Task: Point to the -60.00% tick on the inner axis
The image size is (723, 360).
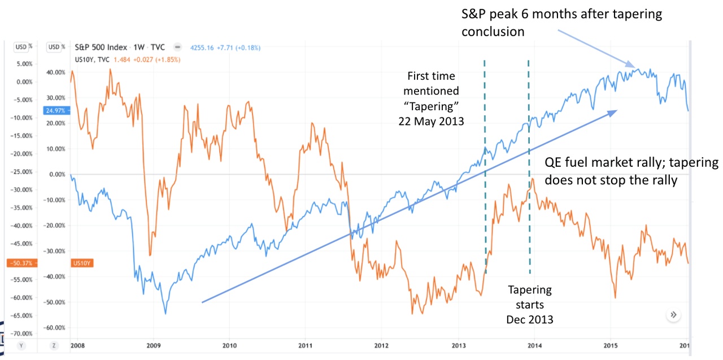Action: pos(55,328)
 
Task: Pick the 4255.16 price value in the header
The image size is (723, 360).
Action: pos(199,47)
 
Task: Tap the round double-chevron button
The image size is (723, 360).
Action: pos(673,315)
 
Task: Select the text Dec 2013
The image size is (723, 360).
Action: pos(529,319)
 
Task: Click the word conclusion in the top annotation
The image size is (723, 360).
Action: pos(493,32)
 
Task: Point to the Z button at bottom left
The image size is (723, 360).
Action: pos(53,345)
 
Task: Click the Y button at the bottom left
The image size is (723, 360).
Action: pos(21,345)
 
